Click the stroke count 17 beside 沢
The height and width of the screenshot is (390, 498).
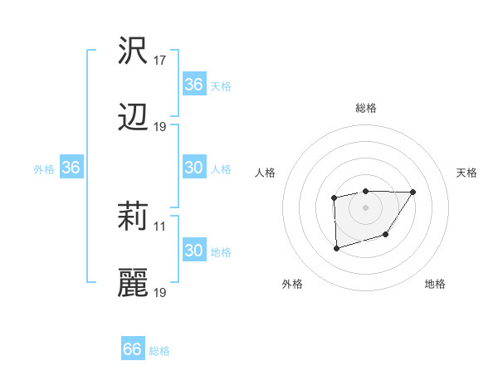pyautogui.click(x=160, y=61)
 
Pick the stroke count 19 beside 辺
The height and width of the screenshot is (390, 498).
pyautogui.click(x=160, y=127)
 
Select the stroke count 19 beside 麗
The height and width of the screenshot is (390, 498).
pyautogui.click(x=160, y=293)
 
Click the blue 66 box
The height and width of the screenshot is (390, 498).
pyautogui.click(x=133, y=349)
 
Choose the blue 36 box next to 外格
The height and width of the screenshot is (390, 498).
pyautogui.click(x=71, y=168)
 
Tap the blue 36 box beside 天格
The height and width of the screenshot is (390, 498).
pyautogui.click(x=193, y=85)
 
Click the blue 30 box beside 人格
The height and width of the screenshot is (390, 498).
pyautogui.click(x=193, y=168)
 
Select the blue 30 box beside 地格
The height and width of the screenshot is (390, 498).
pyautogui.click(x=193, y=251)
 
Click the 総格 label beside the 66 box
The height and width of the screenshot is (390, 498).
pyautogui.click(x=159, y=351)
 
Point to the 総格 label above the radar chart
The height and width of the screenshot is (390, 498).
pyautogui.click(x=366, y=108)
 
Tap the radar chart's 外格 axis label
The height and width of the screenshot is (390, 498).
pyautogui.click(x=292, y=284)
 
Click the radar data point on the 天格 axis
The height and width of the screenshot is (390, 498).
pyautogui.click(x=413, y=193)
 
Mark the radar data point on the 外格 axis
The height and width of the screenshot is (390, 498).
pyautogui.click(x=336, y=248)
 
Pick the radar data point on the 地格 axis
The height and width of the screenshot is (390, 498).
pyautogui.click(x=386, y=236)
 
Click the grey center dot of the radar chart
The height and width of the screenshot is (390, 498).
pyautogui.click(x=366, y=207)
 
